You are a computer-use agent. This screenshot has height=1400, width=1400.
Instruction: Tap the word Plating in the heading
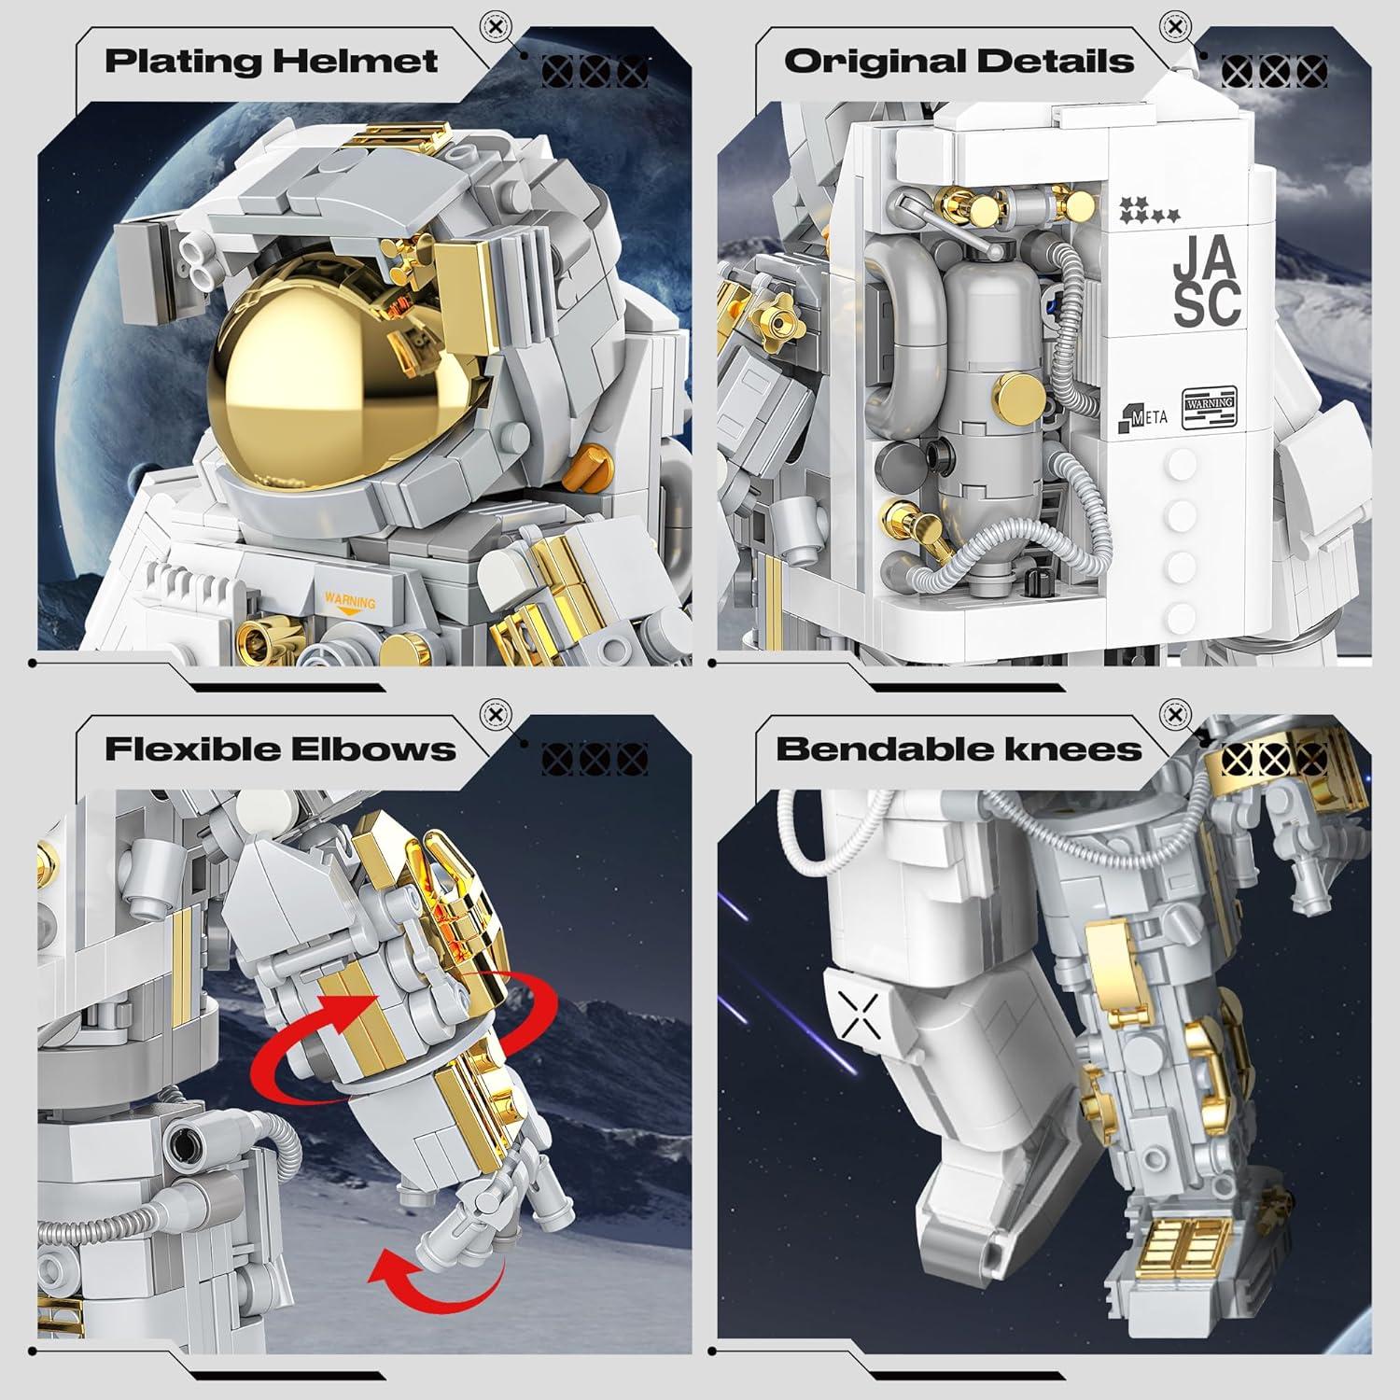(x=183, y=62)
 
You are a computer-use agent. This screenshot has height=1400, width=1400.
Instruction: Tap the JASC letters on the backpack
(x=1208, y=281)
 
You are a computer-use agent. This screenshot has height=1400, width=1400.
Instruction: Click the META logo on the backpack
(x=1140, y=415)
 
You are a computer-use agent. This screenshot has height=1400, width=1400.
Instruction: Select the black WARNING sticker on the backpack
(x=1210, y=407)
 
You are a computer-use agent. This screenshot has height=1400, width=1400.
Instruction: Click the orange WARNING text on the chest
(x=350, y=602)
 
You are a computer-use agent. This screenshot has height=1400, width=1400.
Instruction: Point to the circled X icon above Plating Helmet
(x=496, y=27)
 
